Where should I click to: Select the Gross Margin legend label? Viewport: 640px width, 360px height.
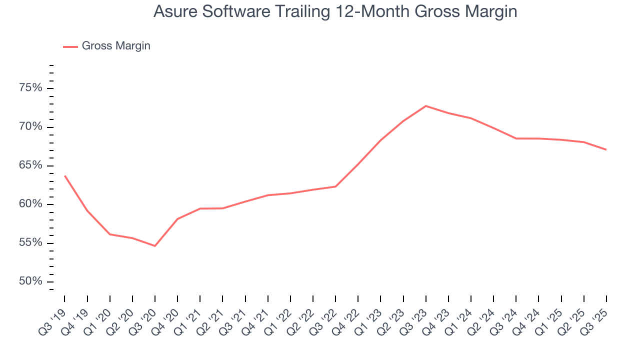[x=116, y=46]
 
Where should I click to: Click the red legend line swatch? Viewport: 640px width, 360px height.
[x=70, y=46]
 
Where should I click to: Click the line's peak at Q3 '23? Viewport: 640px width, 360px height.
[x=425, y=106]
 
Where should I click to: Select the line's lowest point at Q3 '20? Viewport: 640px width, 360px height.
[x=155, y=246]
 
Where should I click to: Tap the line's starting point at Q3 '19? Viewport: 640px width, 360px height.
[x=64, y=175]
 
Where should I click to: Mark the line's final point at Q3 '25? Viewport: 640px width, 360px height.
[x=606, y=149]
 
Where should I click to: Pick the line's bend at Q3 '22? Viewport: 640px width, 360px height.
[x=335, y=186]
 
